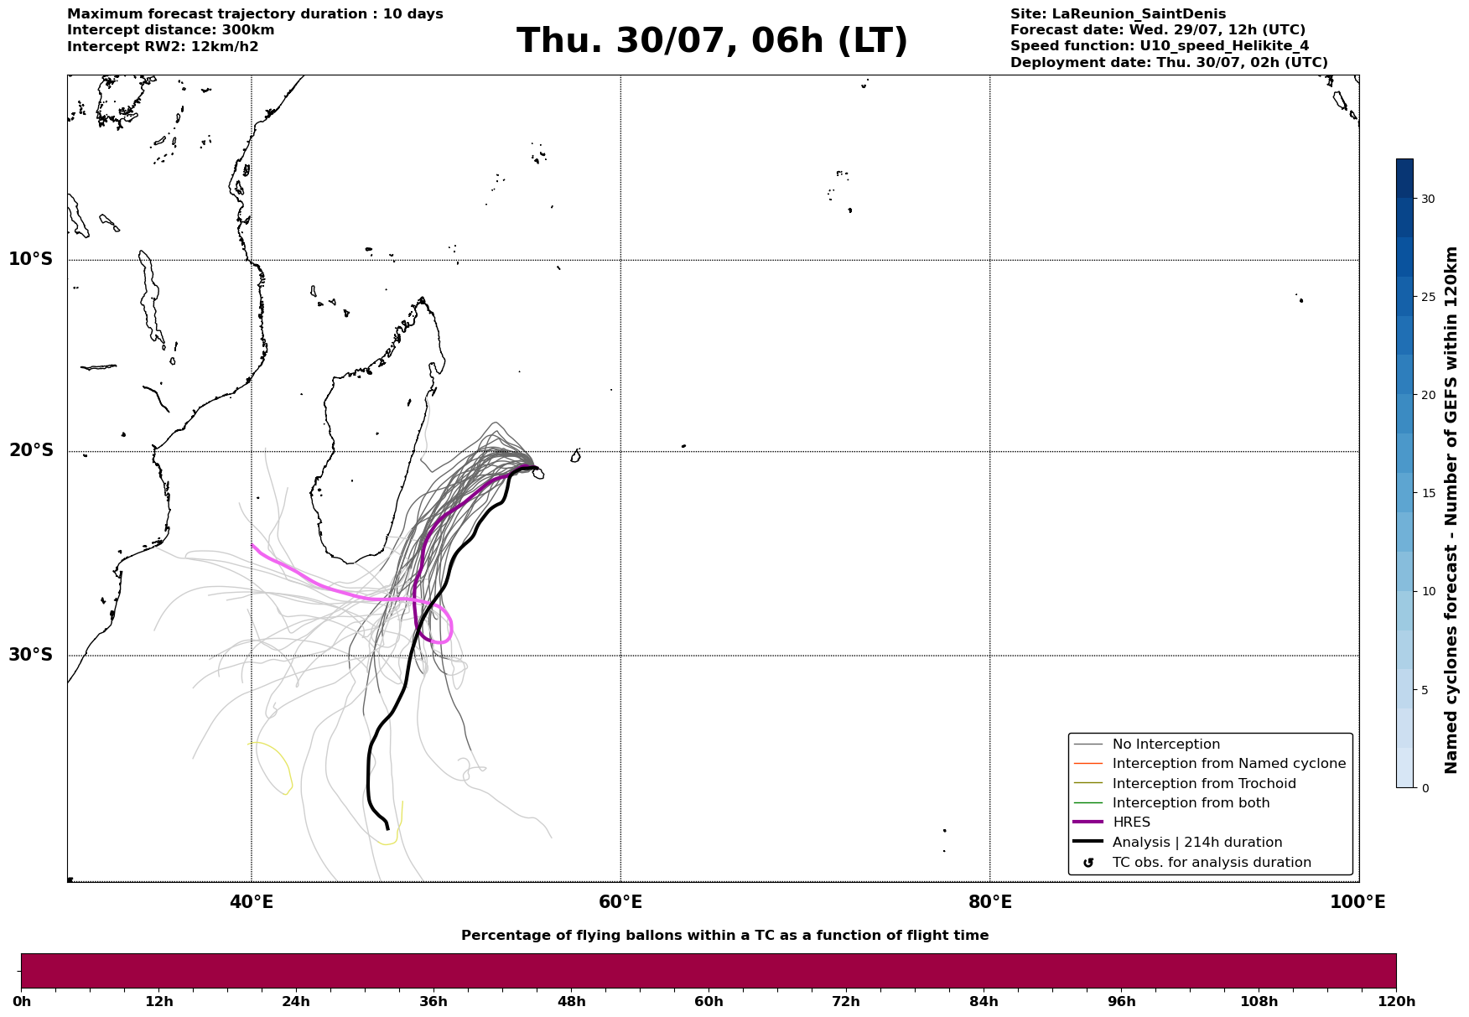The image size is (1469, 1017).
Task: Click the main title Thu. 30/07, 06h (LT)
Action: pos(712,41)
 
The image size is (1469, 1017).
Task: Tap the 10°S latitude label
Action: pos(31,259)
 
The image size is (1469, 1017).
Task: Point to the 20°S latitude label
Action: pos(31,451)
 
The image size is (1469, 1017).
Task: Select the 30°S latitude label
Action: pos(31,655)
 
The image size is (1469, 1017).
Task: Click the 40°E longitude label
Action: pos(252,902)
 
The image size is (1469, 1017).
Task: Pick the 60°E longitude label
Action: pos(620,902)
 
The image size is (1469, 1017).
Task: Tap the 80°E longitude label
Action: pos(989,902)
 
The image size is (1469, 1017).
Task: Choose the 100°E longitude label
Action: pos(1357,902)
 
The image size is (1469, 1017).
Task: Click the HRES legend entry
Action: pos(1131,822)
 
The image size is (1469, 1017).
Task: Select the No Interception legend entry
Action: pos(1165,745)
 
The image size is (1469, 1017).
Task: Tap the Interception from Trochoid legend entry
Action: pos(1204,784)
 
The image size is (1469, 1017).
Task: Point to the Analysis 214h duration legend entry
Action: pos(1197,843)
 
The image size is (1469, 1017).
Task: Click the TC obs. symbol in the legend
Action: pos(1088,862)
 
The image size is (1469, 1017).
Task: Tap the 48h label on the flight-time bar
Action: pos(571,1001)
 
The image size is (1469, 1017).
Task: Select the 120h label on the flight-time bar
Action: pos(1396,1001)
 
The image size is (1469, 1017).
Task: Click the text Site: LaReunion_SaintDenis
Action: pos(1118,14)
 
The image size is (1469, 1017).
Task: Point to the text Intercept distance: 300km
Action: pos(171,30)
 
